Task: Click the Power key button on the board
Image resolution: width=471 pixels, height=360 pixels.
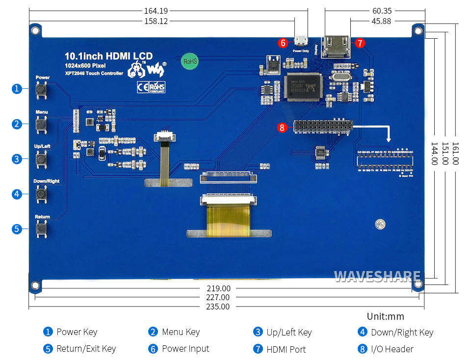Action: tap(42, 89)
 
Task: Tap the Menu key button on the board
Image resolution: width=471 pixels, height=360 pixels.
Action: tap(42, 124)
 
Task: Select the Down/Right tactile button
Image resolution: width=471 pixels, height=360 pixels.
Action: tap(42, 194)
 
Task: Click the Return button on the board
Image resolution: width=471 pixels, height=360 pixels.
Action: tap(42, 229)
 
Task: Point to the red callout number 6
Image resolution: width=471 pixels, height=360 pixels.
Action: tap(282, 43)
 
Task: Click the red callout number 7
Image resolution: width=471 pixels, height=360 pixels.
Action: tap(360, 43)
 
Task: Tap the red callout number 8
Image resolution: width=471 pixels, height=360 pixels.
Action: tap(282, 128)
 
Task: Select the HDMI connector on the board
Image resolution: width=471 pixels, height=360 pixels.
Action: tap(336, 48)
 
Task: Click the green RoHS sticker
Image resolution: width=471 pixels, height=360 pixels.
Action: tap(189, 61)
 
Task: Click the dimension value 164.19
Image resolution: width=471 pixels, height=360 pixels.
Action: tap(156, 11)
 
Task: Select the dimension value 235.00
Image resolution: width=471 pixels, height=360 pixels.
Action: tap(217, 307)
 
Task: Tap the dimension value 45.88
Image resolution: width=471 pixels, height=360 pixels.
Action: tap(381, 21)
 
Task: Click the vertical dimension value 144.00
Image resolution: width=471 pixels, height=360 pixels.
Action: tap(434, 154)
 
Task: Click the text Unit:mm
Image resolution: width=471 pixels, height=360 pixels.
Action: tap(385, 317)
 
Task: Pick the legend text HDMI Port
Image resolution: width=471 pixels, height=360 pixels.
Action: tap(286, 349)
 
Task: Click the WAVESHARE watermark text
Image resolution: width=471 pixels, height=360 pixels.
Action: tap(377, 277)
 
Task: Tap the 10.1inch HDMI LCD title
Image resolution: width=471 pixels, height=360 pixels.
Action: tap(108, 56)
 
